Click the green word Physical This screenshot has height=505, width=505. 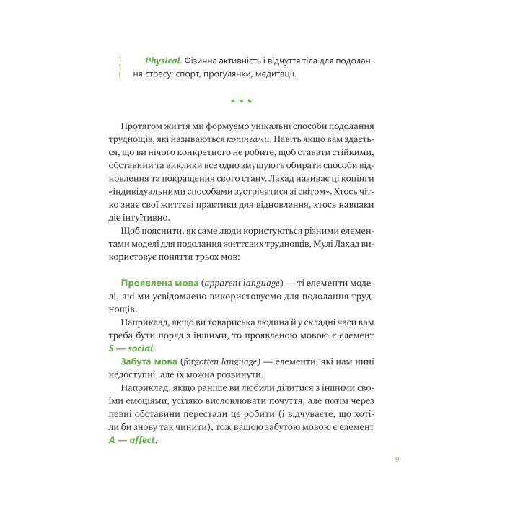163,60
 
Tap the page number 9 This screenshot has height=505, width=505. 398,459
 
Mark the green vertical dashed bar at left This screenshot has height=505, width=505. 120,66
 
